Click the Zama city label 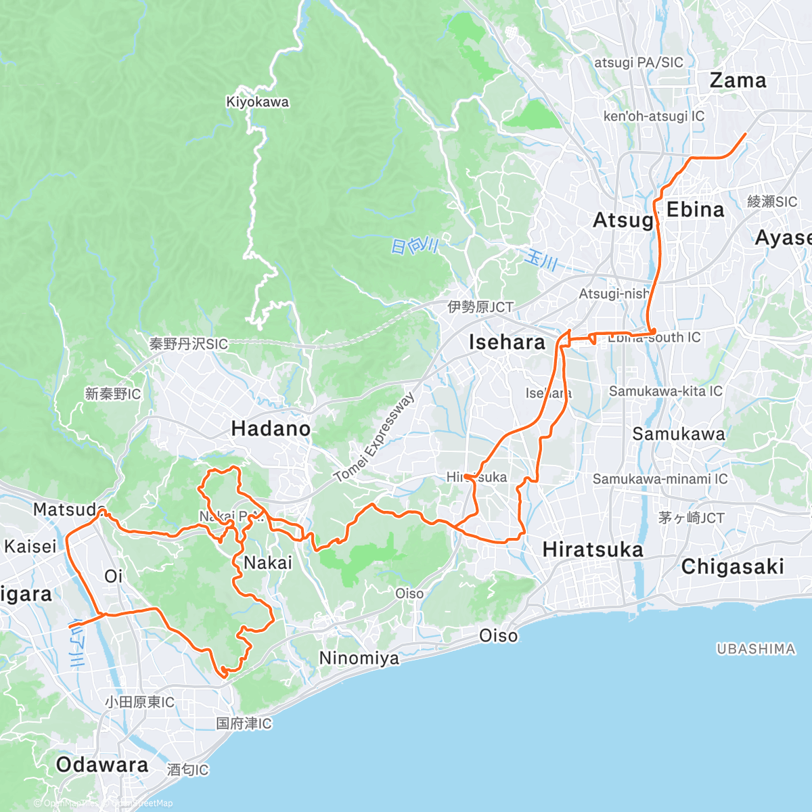click(738, 81)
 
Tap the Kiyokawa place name click(257, 102)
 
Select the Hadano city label click(271, 428)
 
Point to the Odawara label click(102, 765)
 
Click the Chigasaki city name click(732, 566)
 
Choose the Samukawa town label click(678, 434)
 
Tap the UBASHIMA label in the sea click(756, 649)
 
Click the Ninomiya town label click(359, 658)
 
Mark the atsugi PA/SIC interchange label click(639, 62)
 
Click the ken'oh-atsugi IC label click(654, 116)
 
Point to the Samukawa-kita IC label click(665, 391)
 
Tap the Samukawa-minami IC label click(660, 479)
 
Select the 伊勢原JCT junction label click(480, 307)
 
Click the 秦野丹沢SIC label click(189, 344)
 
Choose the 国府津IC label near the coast click(244, 723)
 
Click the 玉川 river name click(541, 259)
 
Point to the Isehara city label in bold click(507, 342)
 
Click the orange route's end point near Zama click(745, 134)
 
